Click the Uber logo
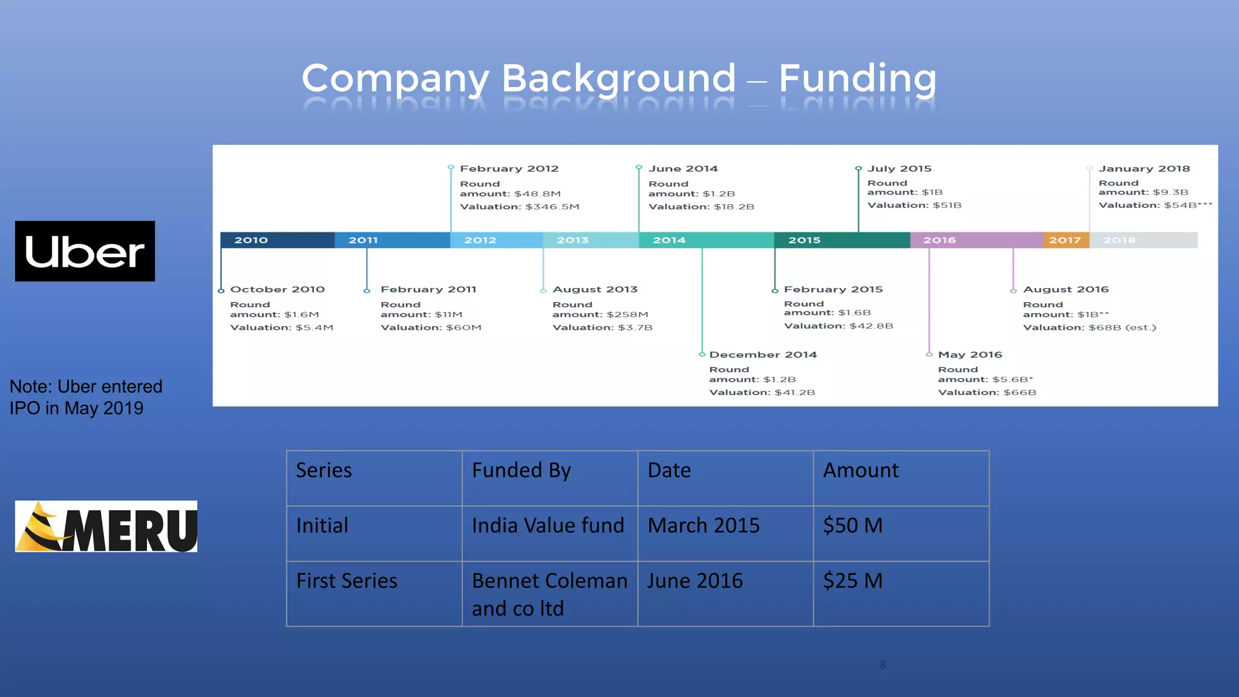85,251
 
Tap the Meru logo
106,526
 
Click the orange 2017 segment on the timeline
1065,240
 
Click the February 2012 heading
509,169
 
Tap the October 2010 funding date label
278,289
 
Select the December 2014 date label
763,355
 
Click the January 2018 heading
1144,169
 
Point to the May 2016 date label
970,355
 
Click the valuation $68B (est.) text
1089,327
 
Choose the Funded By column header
521,470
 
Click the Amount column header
861,470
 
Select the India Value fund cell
548,525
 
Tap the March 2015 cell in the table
704,525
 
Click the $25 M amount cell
853,581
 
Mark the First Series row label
347,581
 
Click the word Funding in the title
857,79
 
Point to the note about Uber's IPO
86,397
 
